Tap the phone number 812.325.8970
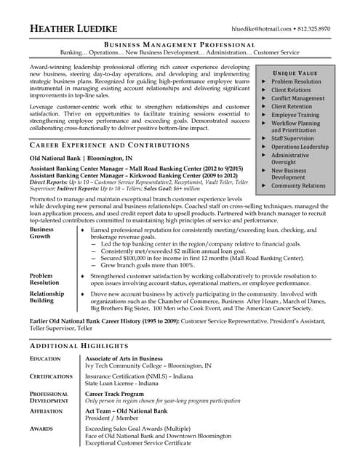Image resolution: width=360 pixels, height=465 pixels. [x=314, y=28]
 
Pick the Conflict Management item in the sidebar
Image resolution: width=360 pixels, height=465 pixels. [x=297, y=98]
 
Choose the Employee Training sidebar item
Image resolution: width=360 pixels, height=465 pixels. [x=295, y=115]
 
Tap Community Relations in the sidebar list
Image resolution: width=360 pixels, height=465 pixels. [x=298, y=185]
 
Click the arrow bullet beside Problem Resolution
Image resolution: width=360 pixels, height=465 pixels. [x=263, y=82]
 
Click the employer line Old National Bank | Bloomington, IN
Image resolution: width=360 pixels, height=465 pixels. [x=81, y=158]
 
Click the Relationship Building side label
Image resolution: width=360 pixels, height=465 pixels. [x=47, y=298]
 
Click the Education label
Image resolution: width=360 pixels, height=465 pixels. [x=45, y=359]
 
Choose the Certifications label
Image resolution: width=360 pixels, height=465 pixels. [x=51, y=376]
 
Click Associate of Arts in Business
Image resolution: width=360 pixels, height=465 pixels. [x=124, y=359]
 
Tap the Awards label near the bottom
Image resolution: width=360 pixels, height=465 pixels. [x=41, y=429]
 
